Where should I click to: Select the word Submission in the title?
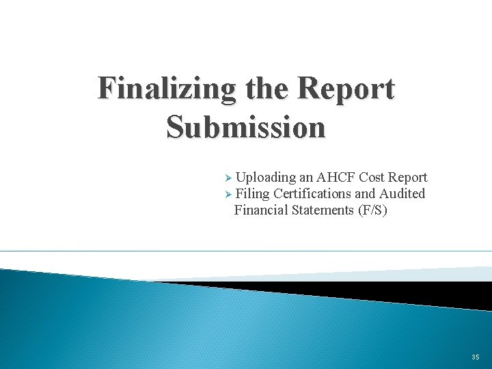pyautogui.click(x=246, y=127)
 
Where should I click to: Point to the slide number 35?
pyautogui.click(x=475, y=357)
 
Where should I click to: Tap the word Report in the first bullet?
pyautogui.click(x=409, y=178)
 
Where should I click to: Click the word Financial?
pyautogui.click(x=261, y=210)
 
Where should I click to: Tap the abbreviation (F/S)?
pyautogui.click(x=372, y=210)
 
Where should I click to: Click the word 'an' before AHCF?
pyautogui.click(x=307, y=178)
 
